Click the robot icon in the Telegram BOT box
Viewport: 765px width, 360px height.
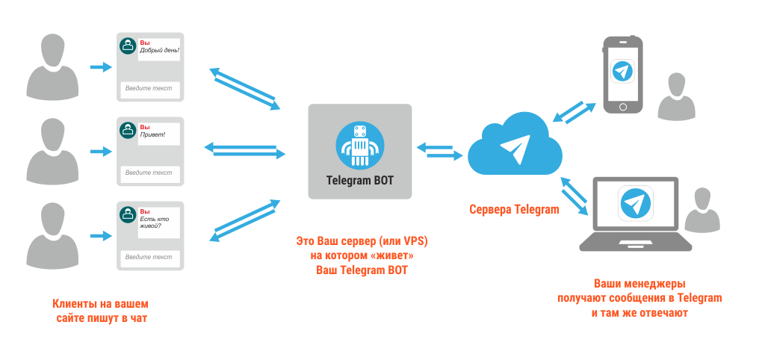[x=359, y=145]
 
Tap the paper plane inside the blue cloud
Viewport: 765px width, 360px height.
[x=515, y=149]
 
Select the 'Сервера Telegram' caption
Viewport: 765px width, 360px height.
[x=513, y=209]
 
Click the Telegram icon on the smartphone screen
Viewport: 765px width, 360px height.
[x=622, y=72]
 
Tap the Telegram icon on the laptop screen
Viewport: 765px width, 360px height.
[x=635, y=203]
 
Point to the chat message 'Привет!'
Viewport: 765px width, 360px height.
[x=152, y=135]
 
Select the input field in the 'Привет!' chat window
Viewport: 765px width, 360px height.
[x=149, y=173]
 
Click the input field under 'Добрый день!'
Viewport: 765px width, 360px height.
[x=149, y=88]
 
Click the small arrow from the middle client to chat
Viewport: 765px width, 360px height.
[x=99, y=152]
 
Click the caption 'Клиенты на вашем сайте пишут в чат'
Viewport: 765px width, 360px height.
[x=101, y=311]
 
